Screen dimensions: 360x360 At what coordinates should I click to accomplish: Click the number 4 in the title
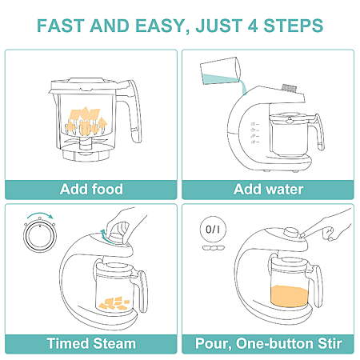coord(254,26)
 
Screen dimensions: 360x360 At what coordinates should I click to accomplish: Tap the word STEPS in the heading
coord(294,26)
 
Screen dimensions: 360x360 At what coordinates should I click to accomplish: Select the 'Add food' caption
coord(91,189)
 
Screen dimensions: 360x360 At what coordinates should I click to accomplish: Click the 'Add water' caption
coord(268,189)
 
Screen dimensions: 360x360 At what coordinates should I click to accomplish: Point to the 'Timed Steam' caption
coord(91,343)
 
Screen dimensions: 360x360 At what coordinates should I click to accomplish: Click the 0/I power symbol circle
coord(213,230)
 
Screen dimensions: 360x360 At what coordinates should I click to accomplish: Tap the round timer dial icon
coord(40,237)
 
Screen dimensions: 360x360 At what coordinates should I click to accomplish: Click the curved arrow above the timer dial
coord(40,214)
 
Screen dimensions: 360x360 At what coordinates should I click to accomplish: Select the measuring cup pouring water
coord(221,71)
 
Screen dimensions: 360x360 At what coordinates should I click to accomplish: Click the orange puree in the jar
coord(290,296)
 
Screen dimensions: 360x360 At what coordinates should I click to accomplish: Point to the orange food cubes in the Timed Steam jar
coord(114,304)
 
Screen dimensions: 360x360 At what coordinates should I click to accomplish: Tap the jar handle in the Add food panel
coord(132,112)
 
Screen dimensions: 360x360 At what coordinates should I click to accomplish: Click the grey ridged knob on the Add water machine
coord(290,88)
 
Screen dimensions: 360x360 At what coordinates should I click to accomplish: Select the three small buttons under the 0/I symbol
coord(214,248)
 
